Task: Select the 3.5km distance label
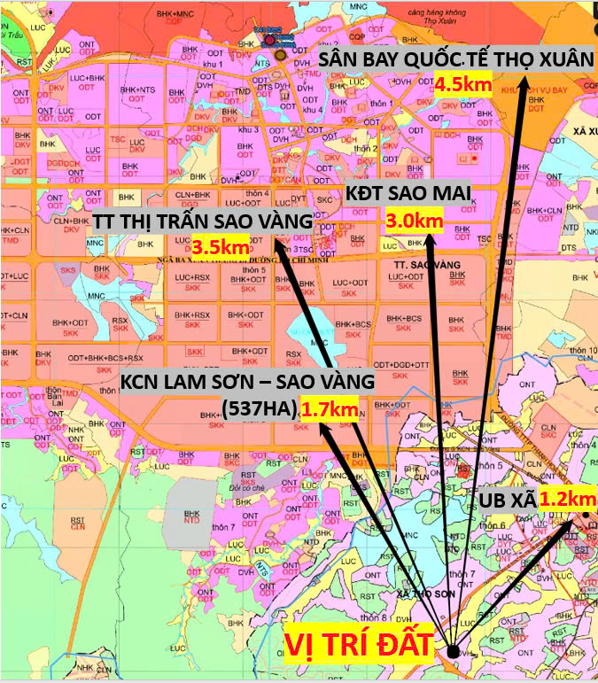pos(221,247)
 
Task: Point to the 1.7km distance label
pos(330,409)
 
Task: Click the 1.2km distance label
pos(567,500)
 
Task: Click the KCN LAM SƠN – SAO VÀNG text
pos(248,382)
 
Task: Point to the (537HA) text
pos(259,408)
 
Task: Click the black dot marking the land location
pos(454,651)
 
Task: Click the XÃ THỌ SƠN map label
pos(418,592)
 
